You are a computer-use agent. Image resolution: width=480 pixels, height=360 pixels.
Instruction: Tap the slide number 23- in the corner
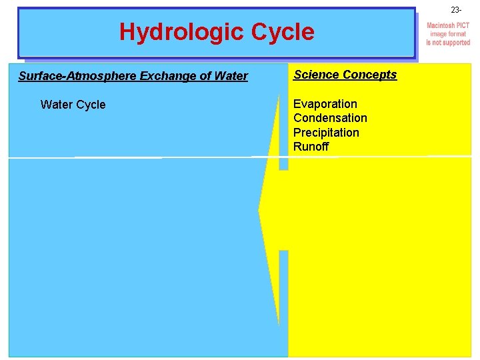pyautogui.click(x=456, y=10)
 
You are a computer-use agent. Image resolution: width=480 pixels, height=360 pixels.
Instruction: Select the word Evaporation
pyautogui.click(x=325, y=104)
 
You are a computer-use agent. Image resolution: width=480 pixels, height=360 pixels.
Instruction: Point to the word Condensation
pyautogui.click(x=330, y=118)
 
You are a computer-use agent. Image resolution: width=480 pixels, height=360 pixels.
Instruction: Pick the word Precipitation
pyautogui.click(x=326, y=133)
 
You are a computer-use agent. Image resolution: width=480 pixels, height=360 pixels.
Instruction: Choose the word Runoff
pyautogui.click(x=311, y=147)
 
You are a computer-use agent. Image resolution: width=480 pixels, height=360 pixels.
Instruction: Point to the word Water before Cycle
pyautogui.click(x=55, y=105)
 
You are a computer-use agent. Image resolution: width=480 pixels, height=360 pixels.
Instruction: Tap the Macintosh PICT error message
pyautogui.click(x=448, y=34)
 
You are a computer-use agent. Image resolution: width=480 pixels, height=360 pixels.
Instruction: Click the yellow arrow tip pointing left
pyautogui.click(x=261, y=211)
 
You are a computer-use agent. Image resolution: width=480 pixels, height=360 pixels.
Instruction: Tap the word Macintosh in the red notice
pyautogui.click(x=441, y=25)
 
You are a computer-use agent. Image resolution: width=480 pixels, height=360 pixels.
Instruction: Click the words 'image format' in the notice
pyautogui.click(x=448, y=34)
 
